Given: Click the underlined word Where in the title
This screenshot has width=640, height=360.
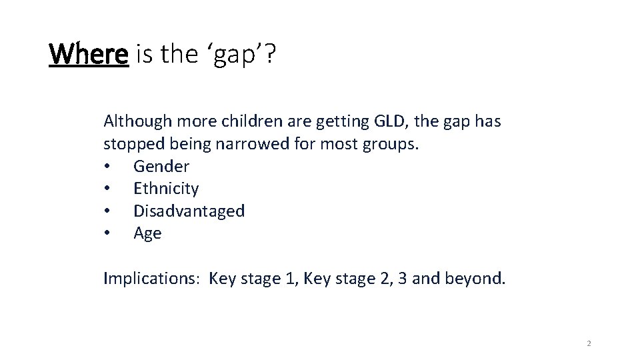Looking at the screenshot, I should coord(88,55).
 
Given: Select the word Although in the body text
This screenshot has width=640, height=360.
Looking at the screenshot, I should coord(136,121).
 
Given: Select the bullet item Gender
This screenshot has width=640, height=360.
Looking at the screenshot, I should coord(161,167).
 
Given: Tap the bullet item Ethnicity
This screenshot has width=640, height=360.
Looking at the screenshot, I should coord(166,189).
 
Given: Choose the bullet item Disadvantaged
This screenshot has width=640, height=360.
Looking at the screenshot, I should coord(189,211).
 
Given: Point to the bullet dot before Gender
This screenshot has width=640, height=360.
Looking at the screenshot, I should coord(108,167).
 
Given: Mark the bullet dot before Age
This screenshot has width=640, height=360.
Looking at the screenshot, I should coord(108,234).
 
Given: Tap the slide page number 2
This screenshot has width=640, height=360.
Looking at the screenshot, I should coord(589,344).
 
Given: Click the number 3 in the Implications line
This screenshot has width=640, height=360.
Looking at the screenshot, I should coord(402,278).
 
